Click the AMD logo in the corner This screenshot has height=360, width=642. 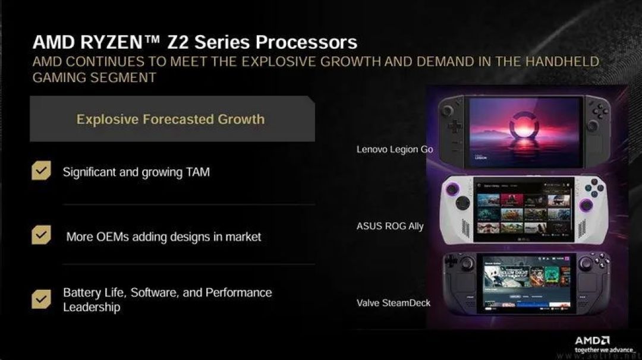coord(592,340)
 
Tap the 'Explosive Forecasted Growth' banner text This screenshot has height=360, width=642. coord(171,119)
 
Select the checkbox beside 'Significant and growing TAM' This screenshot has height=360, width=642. coord(41,171)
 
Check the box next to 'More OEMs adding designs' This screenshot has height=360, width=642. coord(41,235)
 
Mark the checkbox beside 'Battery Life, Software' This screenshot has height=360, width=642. coord(41,299)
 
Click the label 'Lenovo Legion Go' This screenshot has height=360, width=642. coord(394,149)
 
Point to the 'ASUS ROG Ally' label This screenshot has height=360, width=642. coord(390,226)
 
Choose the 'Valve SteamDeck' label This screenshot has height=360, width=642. coord(394,303)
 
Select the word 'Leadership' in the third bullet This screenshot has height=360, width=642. coord(92,307)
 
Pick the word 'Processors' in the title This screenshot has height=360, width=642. coord(306,42)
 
